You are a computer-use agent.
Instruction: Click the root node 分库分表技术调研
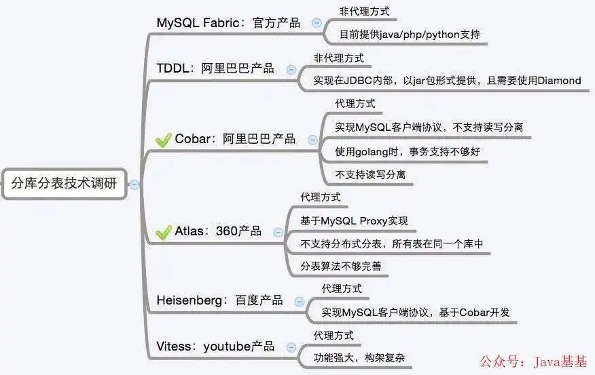64,182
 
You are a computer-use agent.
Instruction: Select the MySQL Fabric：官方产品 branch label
228,22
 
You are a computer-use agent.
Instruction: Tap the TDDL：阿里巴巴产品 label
215,68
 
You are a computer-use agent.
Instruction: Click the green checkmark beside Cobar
163,140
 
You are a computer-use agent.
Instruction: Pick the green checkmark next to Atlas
163,232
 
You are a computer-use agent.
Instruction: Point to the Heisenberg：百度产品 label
219,300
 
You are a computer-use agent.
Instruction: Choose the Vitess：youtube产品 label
215,347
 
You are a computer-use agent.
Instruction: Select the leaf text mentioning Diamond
447,81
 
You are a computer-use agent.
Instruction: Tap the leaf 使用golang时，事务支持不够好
408,151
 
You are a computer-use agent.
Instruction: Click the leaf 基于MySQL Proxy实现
354,220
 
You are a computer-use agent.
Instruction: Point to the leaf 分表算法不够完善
341,267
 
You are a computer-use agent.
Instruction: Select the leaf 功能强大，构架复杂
363,358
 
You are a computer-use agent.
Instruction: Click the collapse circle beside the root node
134,184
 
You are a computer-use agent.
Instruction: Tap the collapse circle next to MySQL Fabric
317,23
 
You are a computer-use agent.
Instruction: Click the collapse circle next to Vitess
291,347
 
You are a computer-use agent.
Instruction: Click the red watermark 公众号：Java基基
534,361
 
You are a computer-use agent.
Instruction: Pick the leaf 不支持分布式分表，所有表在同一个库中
392,243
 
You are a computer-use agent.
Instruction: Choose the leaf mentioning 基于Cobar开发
416,313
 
